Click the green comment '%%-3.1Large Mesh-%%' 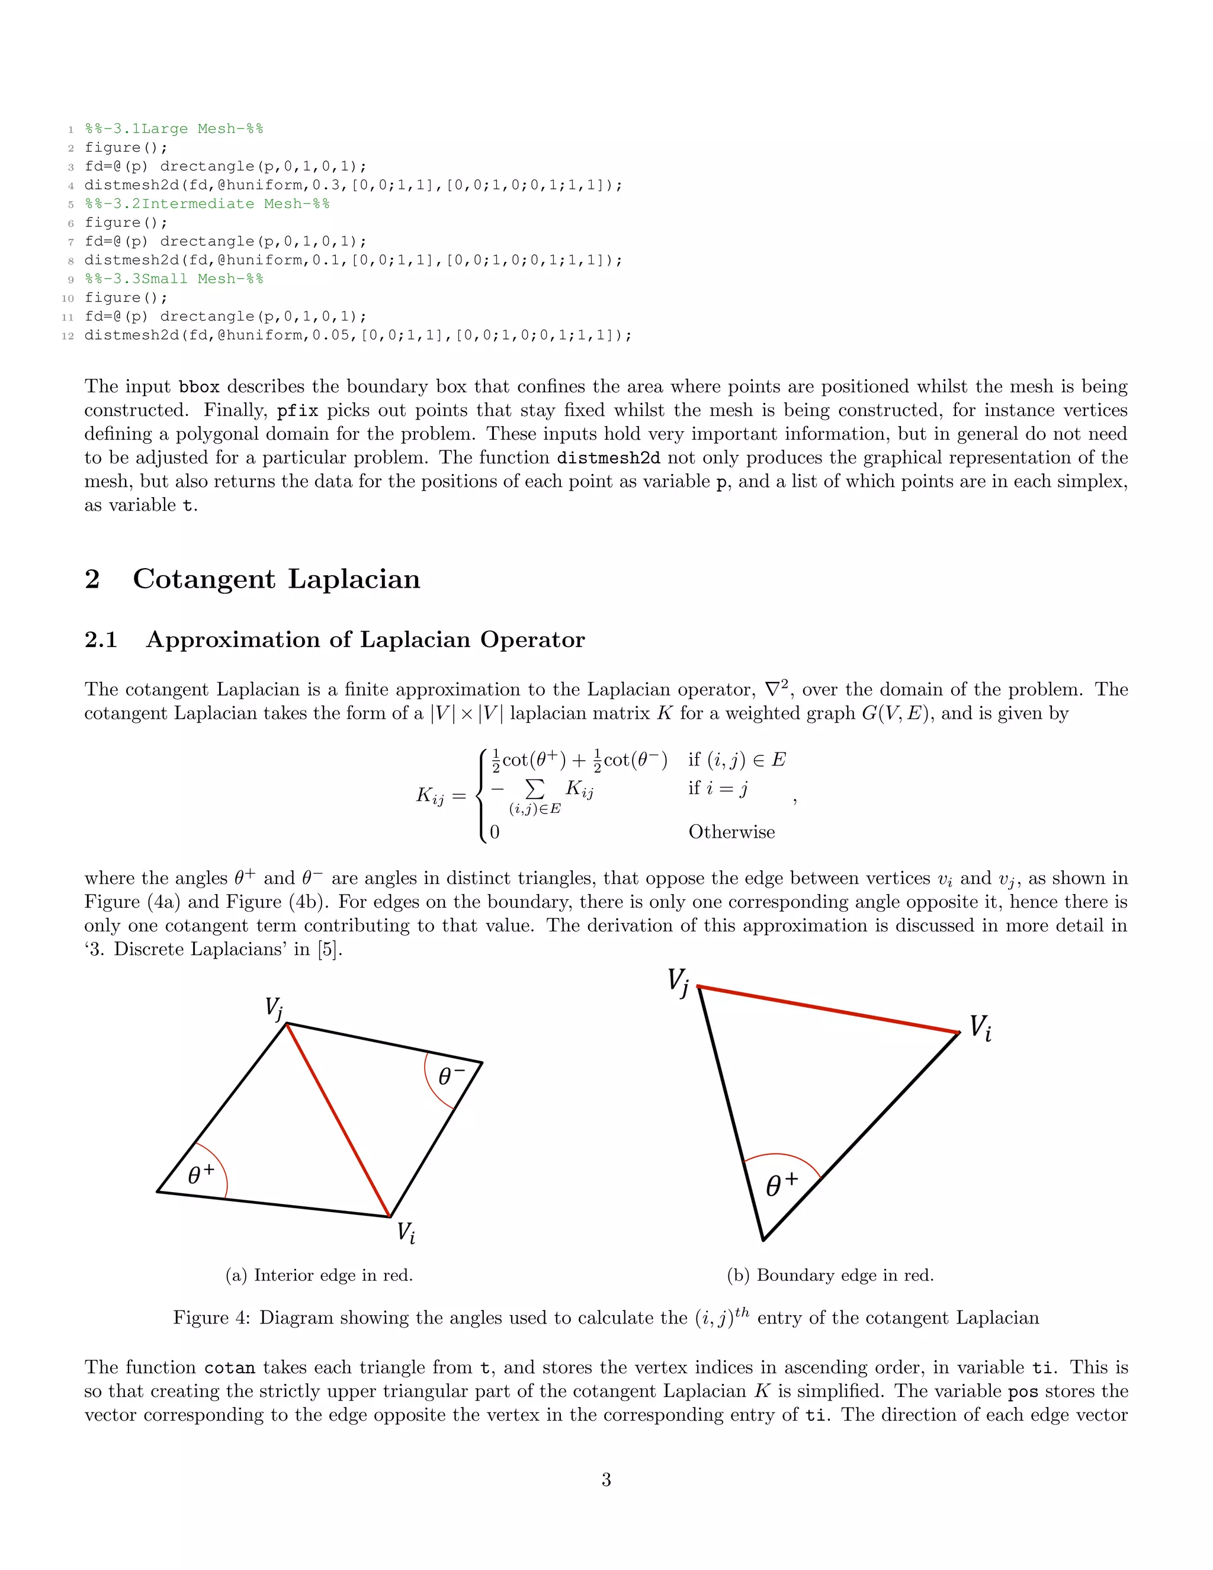(x=174, y=129)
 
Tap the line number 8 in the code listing (x=70, y=260)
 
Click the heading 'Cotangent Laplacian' (x=276, y=579)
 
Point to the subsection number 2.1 (x=101, y=639)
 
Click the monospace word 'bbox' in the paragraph (x=198, y=387)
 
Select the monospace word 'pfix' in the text (x=297, y=411)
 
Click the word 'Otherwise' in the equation (x=731, y=832)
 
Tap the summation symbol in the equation (x=535, y=789)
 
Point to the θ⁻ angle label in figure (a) (x=451, y=1076)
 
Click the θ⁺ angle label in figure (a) (x=201, y=1175)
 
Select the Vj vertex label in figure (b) (x=678, y=981)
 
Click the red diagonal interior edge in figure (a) (x=338, y=1120)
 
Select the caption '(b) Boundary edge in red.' (x=830, y=1276)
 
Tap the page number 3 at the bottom (x=606, y=1479)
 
